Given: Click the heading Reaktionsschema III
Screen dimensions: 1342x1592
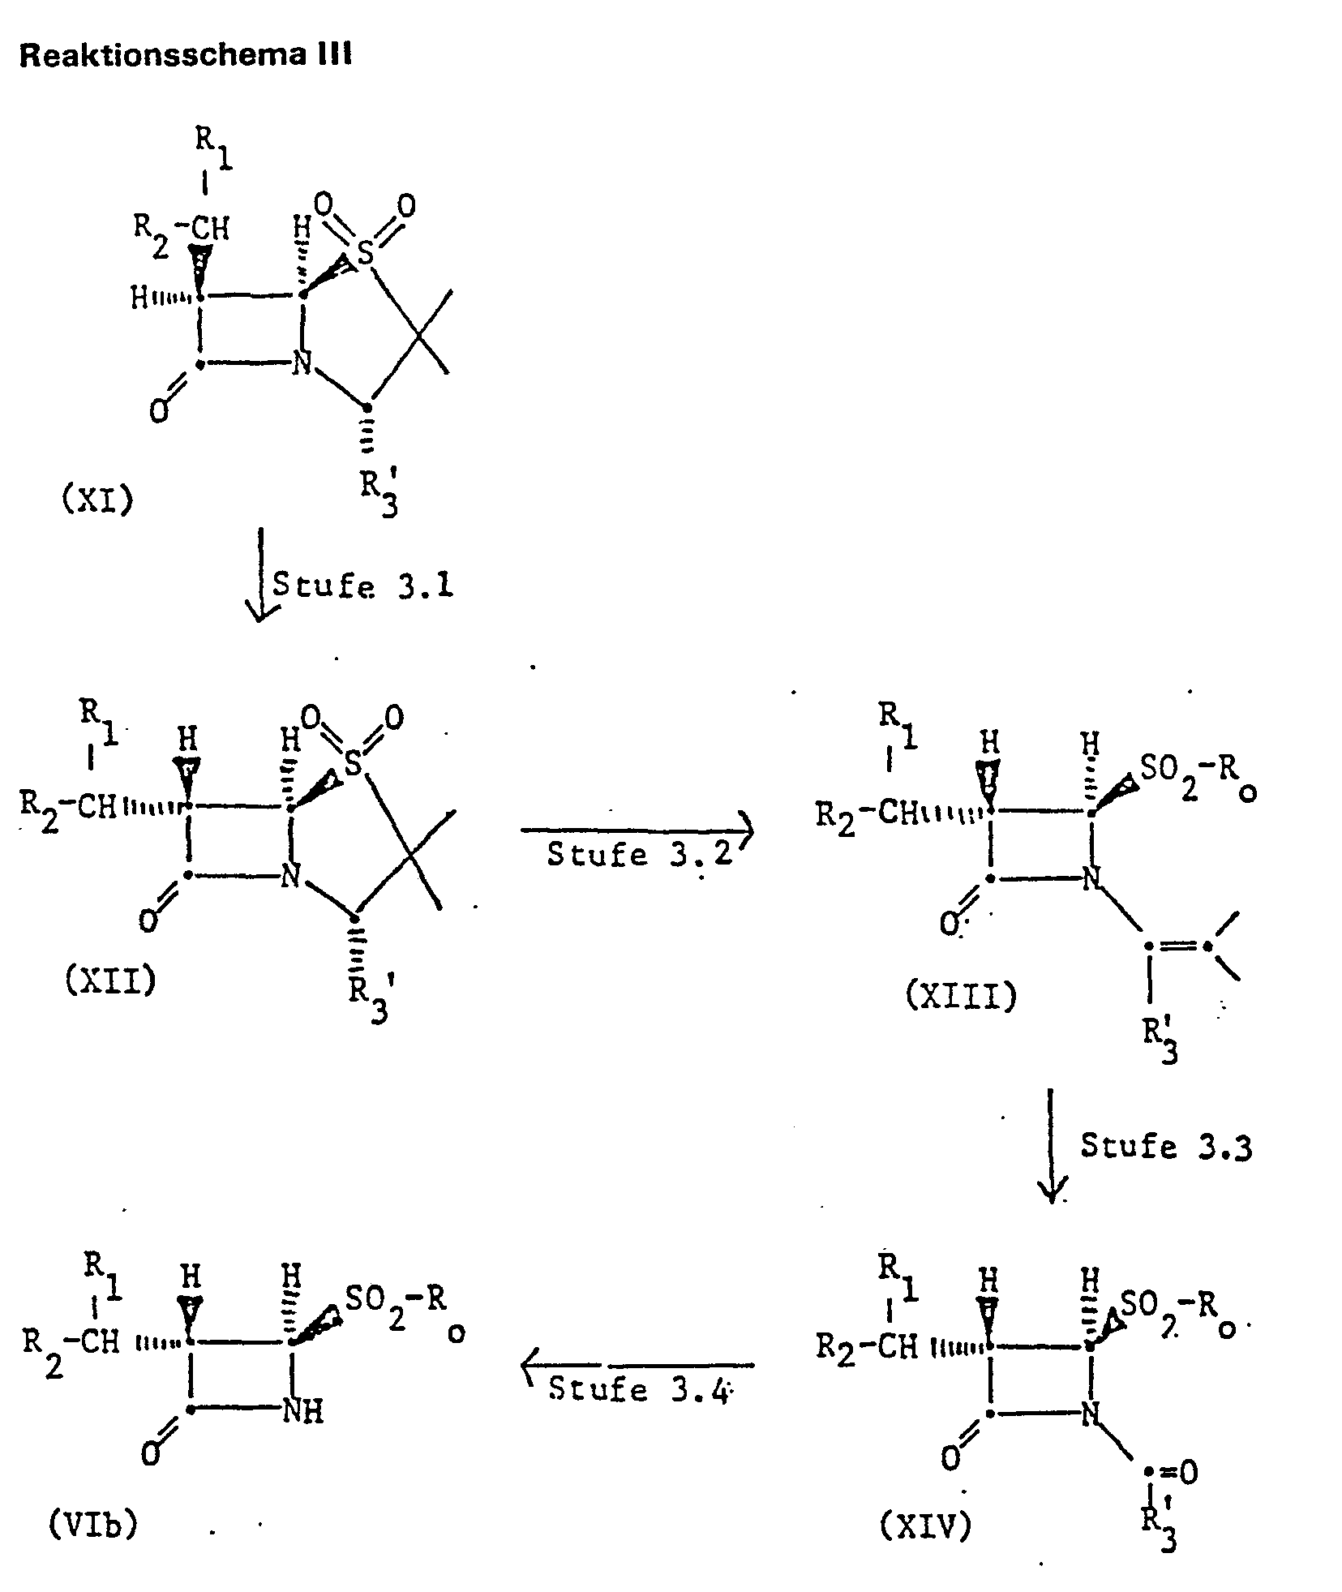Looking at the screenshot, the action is pyautogui.click(x=185, y=55).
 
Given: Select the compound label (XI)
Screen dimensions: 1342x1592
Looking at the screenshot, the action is pyautogui.click(x=97, y=499).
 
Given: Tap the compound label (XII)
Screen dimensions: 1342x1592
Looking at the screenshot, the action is pyautogui.click(x=109, y=981).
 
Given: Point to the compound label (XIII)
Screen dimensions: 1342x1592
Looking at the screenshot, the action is pyautogui.click(x=960, y=996).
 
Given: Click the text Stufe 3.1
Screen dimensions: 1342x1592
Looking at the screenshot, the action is pyautogui.click(x=362, y=585).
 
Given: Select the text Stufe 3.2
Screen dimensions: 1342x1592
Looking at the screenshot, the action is pyautogui.click(x=639, y=855).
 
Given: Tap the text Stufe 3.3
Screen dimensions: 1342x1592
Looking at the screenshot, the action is pyautogui.click(x=1165, y=1147).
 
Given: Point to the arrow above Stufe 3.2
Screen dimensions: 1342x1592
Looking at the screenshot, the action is pyautogui.click(x=637, y=830).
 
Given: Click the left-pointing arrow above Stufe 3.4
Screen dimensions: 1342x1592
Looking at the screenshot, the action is pyautogui.click(x=637, y=1365).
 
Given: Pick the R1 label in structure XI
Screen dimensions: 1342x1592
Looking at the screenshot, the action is pyautogui.click(x=212, y=148).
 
